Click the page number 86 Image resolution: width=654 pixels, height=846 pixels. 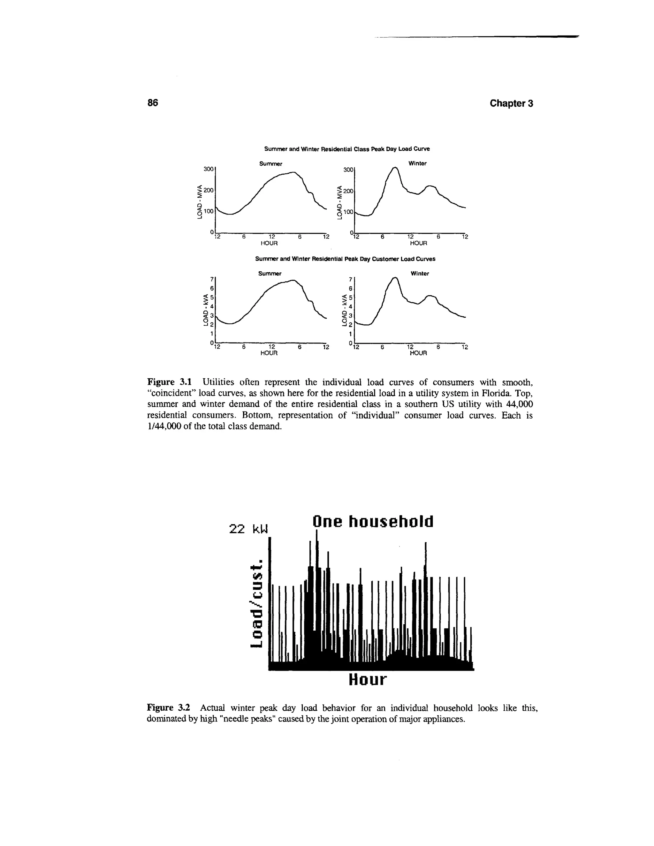coord(153,103)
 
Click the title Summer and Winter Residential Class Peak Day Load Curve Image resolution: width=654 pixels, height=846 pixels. coord(347,149)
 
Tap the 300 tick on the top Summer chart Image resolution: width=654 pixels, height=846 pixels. coord(209,169)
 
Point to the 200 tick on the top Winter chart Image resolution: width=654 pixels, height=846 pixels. coord(349,191)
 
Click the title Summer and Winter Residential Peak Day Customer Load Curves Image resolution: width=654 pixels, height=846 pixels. coord(345,259)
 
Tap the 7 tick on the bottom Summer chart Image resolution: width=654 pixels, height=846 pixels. coord(211,279)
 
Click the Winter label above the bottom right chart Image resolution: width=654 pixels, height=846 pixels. coord(420,274)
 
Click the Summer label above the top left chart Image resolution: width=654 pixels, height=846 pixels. coord(270,163)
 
